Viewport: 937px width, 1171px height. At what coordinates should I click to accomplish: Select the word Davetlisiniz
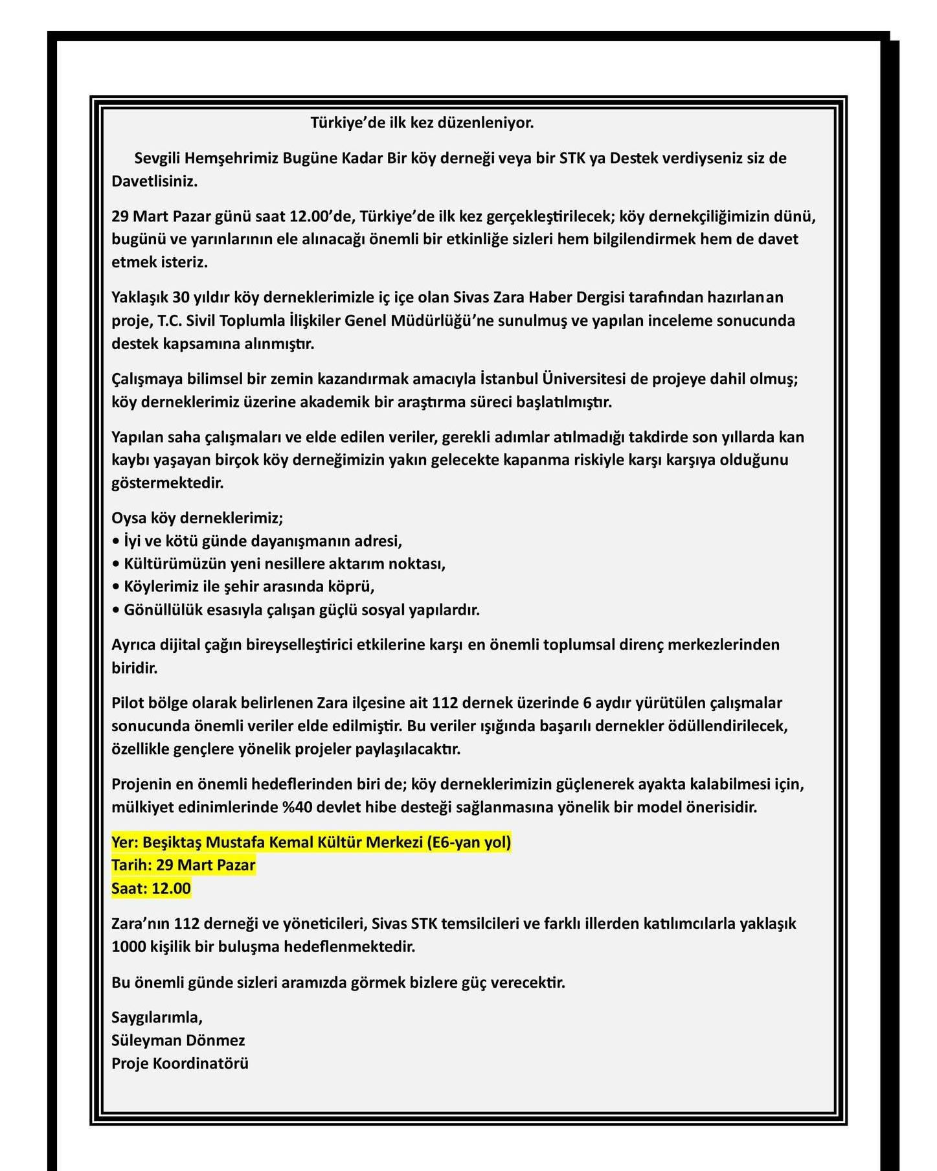tap(154, 181)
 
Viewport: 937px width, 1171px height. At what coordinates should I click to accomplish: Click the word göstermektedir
tap(167, 483)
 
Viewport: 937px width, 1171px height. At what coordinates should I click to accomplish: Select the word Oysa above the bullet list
tap(129, 518)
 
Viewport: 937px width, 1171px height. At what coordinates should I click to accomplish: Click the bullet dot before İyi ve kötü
tap(116, 541)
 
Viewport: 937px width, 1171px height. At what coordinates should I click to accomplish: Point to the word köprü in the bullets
tap(354, 587)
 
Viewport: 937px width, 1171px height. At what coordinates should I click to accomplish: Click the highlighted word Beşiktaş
tap(172, 842)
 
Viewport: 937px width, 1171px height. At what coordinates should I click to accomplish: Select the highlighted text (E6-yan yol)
tap(468, 842)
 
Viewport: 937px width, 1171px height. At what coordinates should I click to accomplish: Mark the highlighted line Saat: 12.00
tap(151, 889)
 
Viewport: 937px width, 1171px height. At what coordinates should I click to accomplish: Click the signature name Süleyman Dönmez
tap(178, 1041)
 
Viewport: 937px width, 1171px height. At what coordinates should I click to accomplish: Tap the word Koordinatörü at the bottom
tap(201, 1063)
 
